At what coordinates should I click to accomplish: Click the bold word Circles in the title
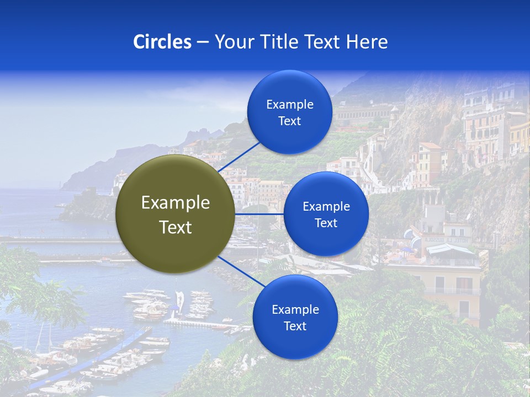pyautogui.click(x=162, y=42)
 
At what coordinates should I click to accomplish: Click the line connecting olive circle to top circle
pyautogui.click(x=240, y=156)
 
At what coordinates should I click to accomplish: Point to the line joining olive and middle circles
pyautogui.click(x=259, y=214)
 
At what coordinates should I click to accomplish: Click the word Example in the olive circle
pyautogui.click(x=176, y=203)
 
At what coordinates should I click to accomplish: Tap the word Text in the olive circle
pyautogui.click(x=176, y=227)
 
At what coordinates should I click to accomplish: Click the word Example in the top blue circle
pyautogui.click(x=289, y=105)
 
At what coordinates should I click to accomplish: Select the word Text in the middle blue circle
pyautogui.click(x=326, y=223)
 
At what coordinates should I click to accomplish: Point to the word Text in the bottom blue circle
pyautogui.click(x=295, y=326)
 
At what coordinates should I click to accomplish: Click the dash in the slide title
pyautogui.click(x=202, y=42)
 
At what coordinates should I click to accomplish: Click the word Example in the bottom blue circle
pyautogui.click(x=295, y=310)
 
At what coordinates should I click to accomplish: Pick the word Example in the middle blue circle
pyautogui.click(x=326, y=207)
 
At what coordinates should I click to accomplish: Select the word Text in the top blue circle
pyautogui.click(x=289, y=121)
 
